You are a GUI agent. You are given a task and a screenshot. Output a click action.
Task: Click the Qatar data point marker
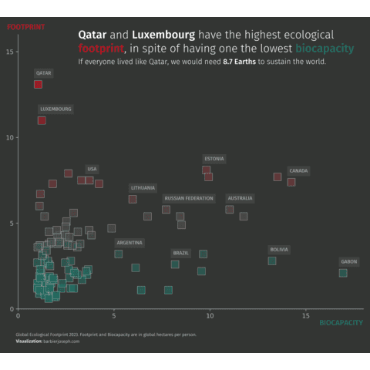(38, 85)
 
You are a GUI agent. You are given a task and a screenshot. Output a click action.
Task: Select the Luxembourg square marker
(42, 120)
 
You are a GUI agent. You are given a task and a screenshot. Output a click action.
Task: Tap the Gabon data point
(343, 273)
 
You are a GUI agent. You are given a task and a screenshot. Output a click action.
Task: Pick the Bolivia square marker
(272, 261)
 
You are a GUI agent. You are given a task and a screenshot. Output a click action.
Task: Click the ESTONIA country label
(214, 159)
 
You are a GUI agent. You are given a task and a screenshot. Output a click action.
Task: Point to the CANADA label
(298, 171)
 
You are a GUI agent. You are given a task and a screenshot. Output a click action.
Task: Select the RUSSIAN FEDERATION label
(189, 198)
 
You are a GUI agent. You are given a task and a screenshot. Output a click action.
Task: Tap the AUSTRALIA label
(240, 198)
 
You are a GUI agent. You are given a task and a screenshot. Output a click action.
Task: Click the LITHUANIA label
(143, 188)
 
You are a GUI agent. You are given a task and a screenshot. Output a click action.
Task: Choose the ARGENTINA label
(129, 243)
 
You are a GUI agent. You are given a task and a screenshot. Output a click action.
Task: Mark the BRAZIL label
(181, 253)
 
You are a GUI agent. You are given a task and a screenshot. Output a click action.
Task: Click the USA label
(92, 169)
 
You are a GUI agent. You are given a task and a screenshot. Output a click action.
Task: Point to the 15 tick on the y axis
(9, 52)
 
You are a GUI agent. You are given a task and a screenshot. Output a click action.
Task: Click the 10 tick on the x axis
(210, 316)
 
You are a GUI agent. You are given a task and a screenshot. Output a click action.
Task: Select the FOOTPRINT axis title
(25, 27)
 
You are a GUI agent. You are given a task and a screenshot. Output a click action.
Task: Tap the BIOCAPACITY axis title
(341, 323)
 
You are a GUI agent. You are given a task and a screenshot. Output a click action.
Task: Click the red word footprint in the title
(101, 48)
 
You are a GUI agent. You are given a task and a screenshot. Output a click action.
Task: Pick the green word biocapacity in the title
(325, 49)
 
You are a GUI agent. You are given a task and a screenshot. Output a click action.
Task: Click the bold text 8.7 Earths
(240, 62)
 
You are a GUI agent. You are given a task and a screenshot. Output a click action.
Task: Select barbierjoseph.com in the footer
(62, 341)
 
